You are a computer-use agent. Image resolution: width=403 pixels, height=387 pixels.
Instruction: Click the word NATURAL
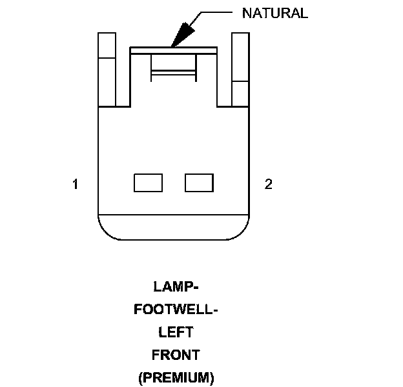[274, 14]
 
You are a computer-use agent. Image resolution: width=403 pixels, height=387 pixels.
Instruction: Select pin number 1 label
[76, 184]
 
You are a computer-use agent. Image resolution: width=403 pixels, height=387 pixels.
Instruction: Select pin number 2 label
[268, 184]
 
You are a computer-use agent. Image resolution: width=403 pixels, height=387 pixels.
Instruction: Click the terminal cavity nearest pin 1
[148, 183]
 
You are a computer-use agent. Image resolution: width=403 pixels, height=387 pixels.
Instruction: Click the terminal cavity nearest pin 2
[199, 183]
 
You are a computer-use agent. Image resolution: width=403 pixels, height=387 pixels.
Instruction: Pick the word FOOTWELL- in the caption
[176, 309]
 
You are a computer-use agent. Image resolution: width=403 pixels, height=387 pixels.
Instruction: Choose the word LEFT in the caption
[176, 332]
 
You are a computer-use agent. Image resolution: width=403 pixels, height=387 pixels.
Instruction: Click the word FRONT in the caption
[176, 355]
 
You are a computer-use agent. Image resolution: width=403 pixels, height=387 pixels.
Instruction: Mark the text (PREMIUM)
[176, 378]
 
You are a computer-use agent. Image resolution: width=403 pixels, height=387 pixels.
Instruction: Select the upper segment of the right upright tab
[240, 56]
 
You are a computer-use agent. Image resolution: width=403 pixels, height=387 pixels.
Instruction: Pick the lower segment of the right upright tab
[240, 94]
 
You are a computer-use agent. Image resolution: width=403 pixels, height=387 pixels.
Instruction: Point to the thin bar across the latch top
[173, 49]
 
